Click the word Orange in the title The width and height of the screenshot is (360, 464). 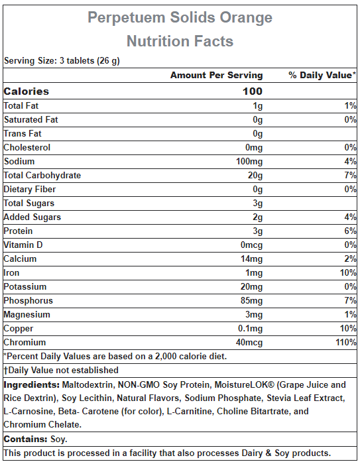(x=246, y=18)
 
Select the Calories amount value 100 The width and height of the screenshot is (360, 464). (x=253, y=91)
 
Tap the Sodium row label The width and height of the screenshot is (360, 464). (x=19, y=161)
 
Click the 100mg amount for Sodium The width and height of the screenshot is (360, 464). (x=249, y=162)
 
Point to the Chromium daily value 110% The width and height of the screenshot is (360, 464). (x=346, y=343)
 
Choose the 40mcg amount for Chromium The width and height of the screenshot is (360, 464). (x=249, y=343)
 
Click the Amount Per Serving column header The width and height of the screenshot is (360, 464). (x=216, y=75)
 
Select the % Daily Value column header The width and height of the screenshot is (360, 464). (x=322, y=75)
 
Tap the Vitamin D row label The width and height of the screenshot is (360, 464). (x=23, y=245)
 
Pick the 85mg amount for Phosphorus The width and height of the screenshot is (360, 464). (x=252, y=301)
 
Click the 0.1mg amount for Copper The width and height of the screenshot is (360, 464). (x=251, y=329)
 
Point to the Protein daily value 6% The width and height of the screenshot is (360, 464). (x=350, y=231)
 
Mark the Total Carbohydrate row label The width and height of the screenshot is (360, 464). (x=42, y=175)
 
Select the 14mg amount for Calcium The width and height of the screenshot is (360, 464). (x=252, y=259)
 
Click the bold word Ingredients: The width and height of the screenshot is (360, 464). (x=32, y=385)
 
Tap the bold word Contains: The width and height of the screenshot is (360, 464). (x=25, y=439)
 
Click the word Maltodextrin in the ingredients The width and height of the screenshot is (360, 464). (x=88, y=385)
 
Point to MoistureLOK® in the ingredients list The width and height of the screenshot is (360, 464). (x=245, y=384)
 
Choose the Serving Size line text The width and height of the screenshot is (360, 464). (x=62, y=61)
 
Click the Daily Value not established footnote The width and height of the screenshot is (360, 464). (x=61, y=370)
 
